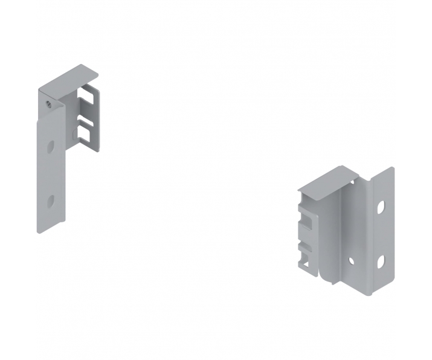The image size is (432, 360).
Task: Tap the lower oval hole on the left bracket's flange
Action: pyautogui.click(x=51, y=201)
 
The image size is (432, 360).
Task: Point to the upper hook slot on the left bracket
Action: pyautogui.click(x=88, y=97)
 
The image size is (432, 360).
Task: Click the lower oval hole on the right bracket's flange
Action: pyautogui.click(x=381, y=261)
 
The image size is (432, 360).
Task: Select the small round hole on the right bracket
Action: pyautogui.click(x=351, y=260)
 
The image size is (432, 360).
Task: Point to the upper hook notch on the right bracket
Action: pyautogui.click(x=308, y=220)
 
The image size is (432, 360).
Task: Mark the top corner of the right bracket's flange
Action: pyautogui.click(x=392, y=169)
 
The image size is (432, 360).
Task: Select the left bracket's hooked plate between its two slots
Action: pyautogui.click(x=88, y=115)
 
